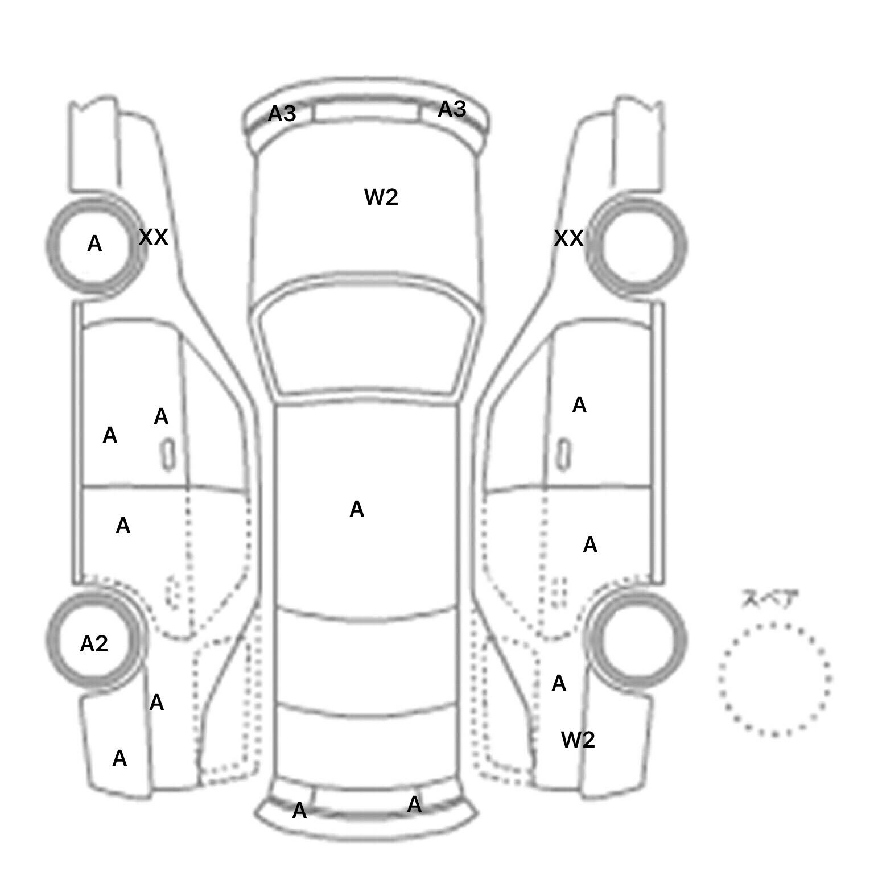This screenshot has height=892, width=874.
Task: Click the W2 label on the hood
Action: pos(381,197)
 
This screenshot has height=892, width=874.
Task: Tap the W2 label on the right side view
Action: pos(578,740)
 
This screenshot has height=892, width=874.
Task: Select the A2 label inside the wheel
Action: pos(94,644)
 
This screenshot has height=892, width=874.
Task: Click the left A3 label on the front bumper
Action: pos(282,114)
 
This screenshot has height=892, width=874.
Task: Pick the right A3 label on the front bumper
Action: pos(452,109)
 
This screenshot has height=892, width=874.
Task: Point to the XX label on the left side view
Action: pos(153,237)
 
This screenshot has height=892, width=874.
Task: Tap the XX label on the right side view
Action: pos(568,238)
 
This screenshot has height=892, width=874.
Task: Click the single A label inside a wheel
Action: pos(94,244)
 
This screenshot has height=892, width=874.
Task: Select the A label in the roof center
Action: pos(357,509)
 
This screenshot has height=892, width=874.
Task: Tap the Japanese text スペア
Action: pos(769,600)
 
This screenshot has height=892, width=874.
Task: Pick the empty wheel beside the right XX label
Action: pos(644,246)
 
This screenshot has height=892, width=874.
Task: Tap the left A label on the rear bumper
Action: pos(299,811)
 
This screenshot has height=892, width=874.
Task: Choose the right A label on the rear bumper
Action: pos(414,804)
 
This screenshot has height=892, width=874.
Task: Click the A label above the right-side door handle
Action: pos(579,405)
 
